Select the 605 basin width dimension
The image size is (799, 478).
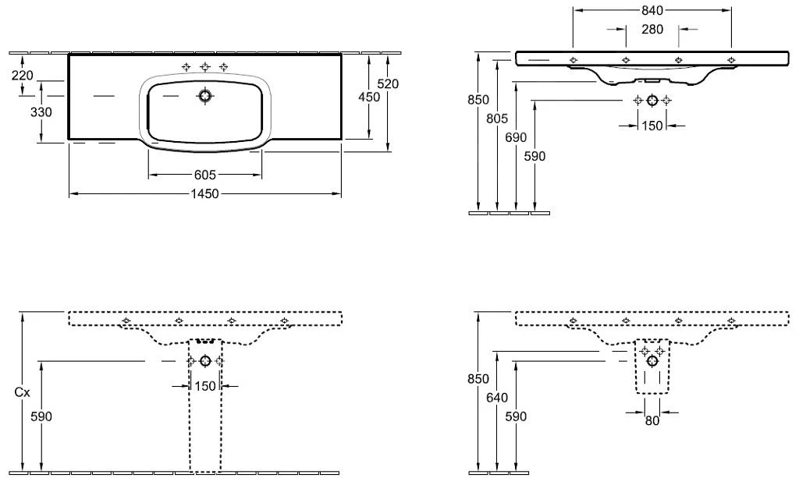205,175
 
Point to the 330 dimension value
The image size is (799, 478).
41,112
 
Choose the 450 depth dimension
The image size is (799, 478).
369,97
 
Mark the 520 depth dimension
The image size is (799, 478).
388,83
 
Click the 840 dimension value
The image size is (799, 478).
652,10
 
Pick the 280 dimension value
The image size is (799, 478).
652,30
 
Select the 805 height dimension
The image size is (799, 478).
497,119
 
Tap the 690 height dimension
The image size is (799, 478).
516,137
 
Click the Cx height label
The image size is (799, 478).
23,394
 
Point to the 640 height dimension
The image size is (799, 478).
497,398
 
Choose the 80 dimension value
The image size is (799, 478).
652,420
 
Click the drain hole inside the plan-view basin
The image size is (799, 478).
205,96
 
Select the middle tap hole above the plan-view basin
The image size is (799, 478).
205,67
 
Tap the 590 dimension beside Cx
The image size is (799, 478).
41,416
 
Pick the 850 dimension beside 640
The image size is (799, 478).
478,379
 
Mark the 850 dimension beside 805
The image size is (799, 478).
478,100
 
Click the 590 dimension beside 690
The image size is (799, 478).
534,156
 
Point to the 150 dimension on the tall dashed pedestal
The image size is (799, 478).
205,386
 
